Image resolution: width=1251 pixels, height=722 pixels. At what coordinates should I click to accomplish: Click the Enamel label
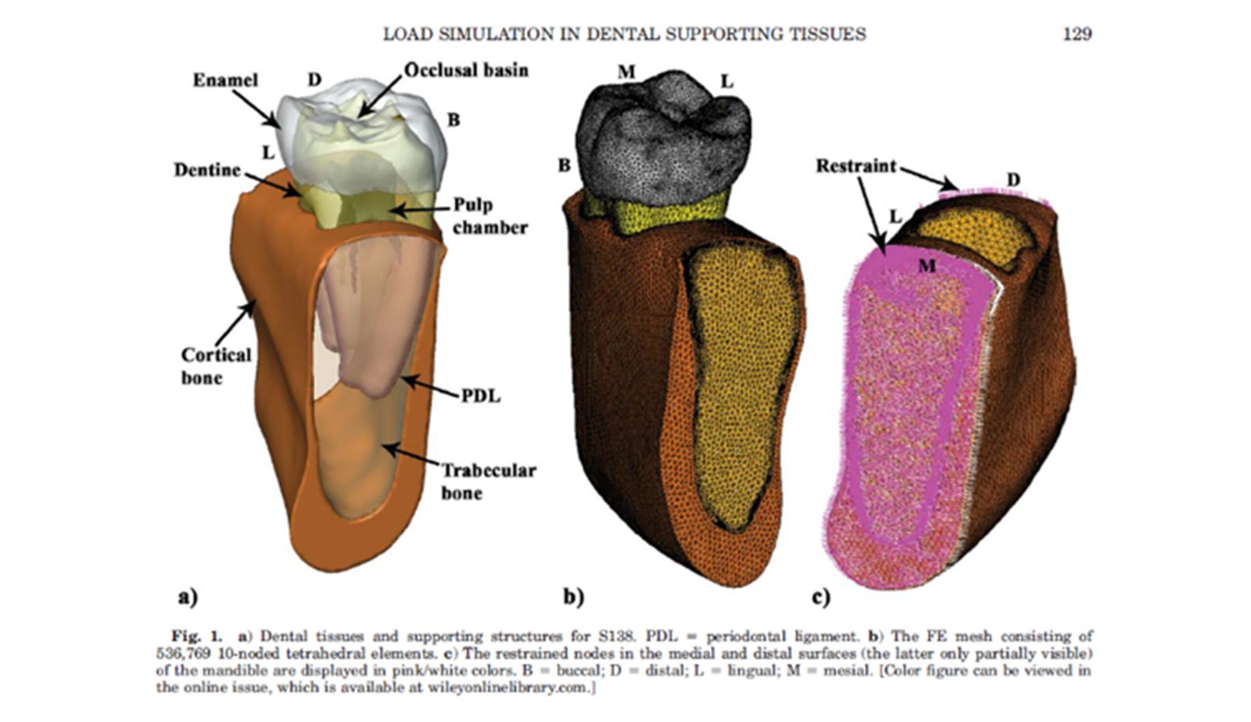point(225,80)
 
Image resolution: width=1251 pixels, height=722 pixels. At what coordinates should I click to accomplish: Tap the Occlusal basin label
point(466,70)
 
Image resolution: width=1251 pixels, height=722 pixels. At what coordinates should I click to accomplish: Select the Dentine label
point(207,170)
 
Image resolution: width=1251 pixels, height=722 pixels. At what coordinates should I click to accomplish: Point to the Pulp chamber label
point(489,216)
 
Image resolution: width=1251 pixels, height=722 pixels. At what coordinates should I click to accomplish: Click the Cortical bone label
point(216,366)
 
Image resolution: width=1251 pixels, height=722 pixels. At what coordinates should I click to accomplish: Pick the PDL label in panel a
point(480,396)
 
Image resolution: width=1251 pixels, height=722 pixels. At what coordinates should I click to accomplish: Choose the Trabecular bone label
point(488,481)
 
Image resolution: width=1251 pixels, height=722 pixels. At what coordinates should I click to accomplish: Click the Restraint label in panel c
point(856,166)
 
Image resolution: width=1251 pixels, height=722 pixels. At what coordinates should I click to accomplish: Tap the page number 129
point(1077,34)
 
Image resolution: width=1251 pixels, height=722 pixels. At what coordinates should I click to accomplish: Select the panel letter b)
point(573,598)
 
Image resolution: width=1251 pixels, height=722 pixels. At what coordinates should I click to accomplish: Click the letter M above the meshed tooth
point(626,73)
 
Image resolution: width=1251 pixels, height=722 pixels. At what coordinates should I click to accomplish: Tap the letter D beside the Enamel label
point(314,80)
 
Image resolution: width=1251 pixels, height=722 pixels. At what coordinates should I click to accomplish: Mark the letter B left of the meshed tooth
point(564,166)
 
